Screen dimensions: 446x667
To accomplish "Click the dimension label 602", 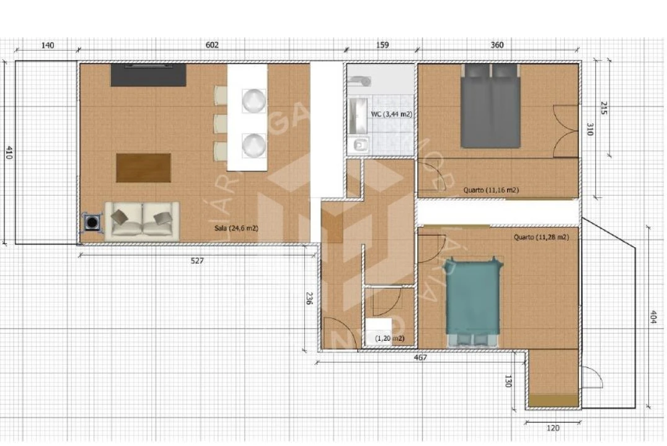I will tap(212, 45).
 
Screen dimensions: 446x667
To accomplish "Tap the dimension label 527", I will tap(197, 261).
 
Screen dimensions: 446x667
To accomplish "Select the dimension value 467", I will tap(420, 357).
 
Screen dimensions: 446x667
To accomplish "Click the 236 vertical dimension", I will tap(309, 299).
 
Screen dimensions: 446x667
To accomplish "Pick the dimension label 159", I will tap(382, 45).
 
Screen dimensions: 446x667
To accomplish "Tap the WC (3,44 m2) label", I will tap(391, 115).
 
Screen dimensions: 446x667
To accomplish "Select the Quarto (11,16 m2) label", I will tap(491, 190).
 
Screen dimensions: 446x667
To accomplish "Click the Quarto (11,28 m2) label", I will tap(541, 237).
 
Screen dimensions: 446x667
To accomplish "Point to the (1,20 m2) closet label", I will tap(390, 338).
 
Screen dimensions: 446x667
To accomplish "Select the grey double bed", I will tap(490, 106).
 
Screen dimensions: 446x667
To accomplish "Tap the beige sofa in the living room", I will tap(142, 221).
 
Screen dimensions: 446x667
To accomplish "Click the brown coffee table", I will tap(143, 168).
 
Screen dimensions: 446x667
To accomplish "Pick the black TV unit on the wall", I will tap(148, 75).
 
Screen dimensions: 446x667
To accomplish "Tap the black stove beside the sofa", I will tap(92, 222).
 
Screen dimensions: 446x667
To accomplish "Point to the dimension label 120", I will tap(554, 428).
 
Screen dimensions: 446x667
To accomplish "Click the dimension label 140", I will tap(48, 45).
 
